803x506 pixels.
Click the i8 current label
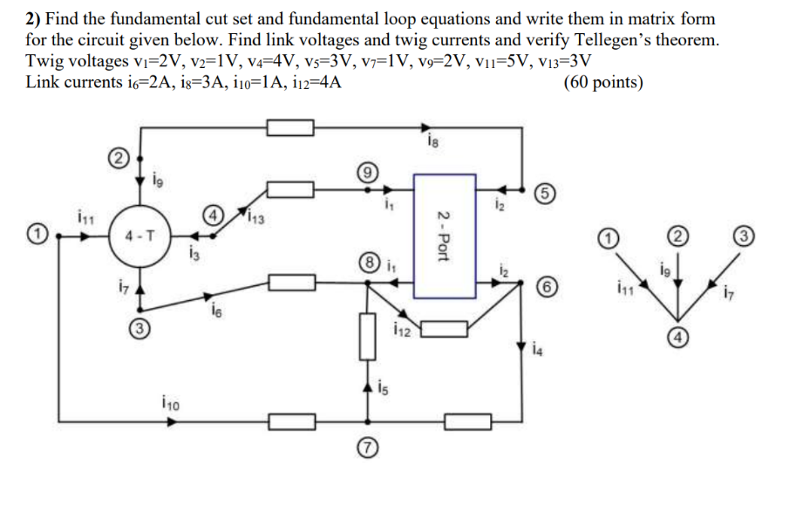coord(433,140)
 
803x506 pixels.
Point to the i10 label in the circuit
coord(171,402)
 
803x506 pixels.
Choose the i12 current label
coord(401,330)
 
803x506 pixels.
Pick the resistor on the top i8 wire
coord(290,128)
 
